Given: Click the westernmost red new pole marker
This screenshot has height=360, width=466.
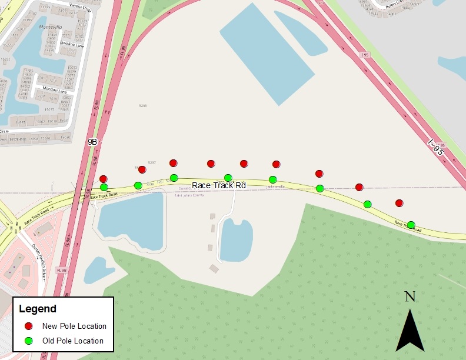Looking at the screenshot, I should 104,179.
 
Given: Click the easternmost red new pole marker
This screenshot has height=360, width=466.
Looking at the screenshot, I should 400,203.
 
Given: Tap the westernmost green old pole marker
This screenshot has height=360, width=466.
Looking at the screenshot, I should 104,187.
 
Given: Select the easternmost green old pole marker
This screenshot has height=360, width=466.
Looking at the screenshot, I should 411,225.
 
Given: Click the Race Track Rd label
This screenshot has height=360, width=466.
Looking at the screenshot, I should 219,185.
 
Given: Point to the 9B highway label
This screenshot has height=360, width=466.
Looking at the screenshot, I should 92,142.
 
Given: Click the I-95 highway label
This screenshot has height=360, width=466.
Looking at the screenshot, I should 436,147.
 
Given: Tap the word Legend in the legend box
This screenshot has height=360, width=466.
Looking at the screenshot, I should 38,309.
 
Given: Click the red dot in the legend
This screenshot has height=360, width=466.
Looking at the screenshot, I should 28,326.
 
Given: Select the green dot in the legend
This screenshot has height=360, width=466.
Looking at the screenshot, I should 28,341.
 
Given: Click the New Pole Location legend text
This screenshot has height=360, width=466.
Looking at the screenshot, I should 74,326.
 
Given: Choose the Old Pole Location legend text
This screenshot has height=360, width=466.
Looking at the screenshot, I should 73,341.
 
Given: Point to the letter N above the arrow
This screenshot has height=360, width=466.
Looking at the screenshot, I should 410,296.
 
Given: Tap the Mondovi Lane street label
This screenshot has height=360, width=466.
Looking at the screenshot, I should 53,90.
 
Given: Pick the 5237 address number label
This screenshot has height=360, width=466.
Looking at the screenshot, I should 152,162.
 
